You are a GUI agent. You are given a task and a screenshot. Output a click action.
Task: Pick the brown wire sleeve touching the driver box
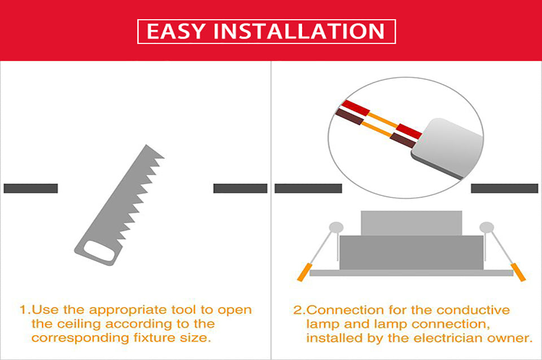402,139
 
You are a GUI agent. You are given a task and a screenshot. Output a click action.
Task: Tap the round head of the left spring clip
337,228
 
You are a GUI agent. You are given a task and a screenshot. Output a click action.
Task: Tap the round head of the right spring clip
486,228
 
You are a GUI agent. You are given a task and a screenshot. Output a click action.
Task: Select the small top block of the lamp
411,223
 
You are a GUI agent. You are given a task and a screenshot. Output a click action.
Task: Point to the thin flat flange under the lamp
411,273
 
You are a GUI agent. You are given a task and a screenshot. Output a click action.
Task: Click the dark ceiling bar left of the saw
30,188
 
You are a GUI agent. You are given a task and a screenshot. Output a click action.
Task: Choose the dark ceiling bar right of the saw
240,188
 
